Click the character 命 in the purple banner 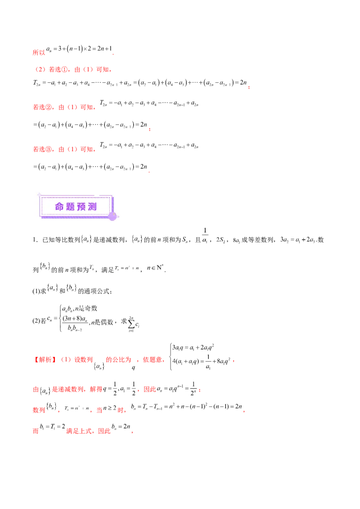coord(60,207)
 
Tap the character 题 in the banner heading coord(71,207)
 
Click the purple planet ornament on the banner coord(112,216)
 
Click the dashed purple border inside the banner coord(76,197)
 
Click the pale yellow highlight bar coord(129,271)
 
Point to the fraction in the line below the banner coord(204,237)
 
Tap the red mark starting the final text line coord(35,431)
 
